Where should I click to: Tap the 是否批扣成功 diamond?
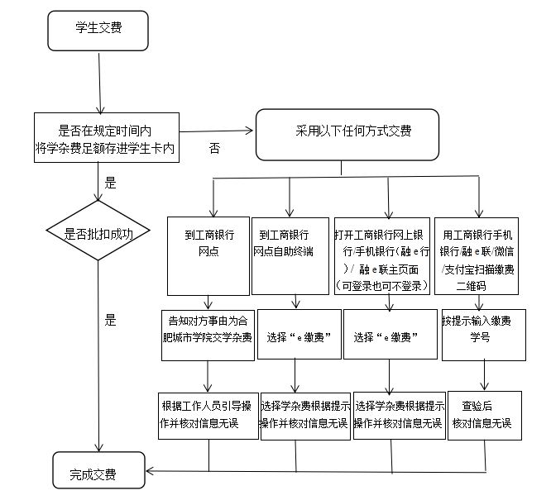(98, 234)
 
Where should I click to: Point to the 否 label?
(214, 150)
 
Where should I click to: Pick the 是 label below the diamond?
(111, 321)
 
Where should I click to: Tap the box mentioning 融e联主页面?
(383, 255)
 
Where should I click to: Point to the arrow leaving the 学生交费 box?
(98, 83)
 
